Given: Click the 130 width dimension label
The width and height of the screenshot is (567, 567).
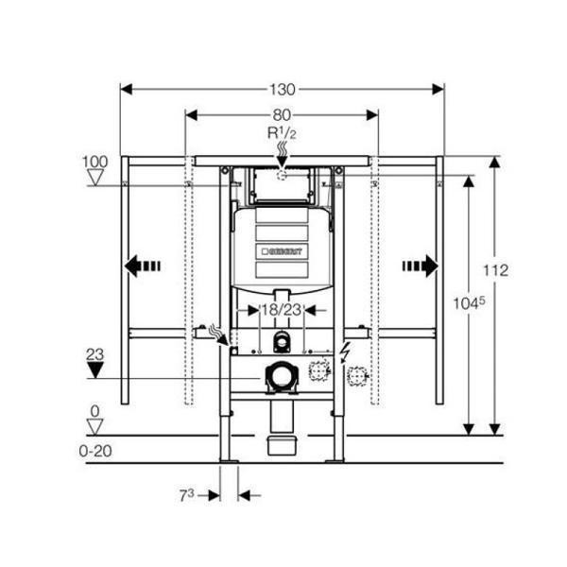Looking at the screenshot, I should tap(283, 90).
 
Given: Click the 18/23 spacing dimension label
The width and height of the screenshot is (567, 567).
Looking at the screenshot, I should tap(282, 309).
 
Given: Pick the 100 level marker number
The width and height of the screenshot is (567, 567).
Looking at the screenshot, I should tap(94, 163).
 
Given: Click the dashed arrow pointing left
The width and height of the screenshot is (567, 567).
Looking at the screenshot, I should tap(143, 266).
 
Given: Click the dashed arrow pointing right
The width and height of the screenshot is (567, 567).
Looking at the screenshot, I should tap(421, 266).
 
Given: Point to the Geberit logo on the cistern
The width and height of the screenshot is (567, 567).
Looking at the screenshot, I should tap(281, 251).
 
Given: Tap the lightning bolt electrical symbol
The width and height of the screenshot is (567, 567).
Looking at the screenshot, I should tap(347, 352).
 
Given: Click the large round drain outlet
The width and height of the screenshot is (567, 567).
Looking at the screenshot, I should tap(281, 376).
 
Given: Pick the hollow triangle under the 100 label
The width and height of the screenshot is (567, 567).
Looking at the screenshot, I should tap(94, 178).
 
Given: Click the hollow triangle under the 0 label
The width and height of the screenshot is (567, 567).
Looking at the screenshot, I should tap(94, 426).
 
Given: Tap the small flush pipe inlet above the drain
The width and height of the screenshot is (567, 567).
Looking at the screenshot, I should tap(281, 342).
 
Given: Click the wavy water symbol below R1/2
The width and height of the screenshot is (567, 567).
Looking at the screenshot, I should tap(281, 151).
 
